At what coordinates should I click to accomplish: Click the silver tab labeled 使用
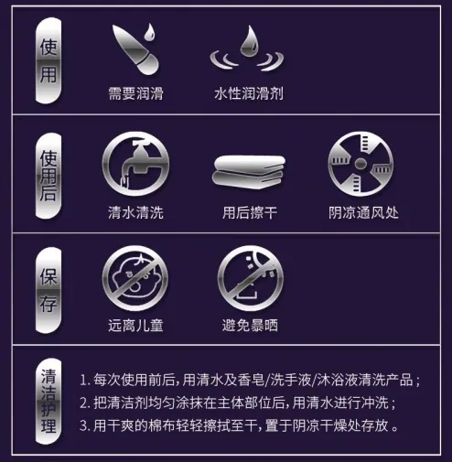[47, 63]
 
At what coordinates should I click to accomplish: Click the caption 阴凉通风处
[363, 212]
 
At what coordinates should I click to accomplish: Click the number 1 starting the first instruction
[83, 380]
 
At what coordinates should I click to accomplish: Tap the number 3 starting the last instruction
[83, 425]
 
